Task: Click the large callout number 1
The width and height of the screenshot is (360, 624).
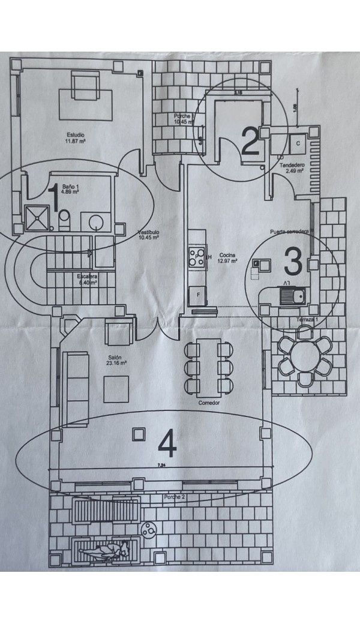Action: pyautogui.click(x=53, y=199)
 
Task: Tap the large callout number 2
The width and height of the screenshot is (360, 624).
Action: pyautogui.click(x=250, y=140)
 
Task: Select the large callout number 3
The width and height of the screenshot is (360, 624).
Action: pyautogui.click(x=292, y=260)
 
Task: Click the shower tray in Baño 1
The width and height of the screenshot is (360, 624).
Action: pyautogui.click(x=37, y=217)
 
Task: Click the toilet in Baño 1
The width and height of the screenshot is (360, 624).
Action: pyautogui.click(x=65, y=221)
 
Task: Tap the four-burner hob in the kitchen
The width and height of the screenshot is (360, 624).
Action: pyautogui.click(x=196, y=258)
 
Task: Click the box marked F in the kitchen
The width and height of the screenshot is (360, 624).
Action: pyautogui.click(x=196, y=295)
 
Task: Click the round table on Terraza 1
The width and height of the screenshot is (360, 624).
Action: pyautogui.click(x=305, y=359)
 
